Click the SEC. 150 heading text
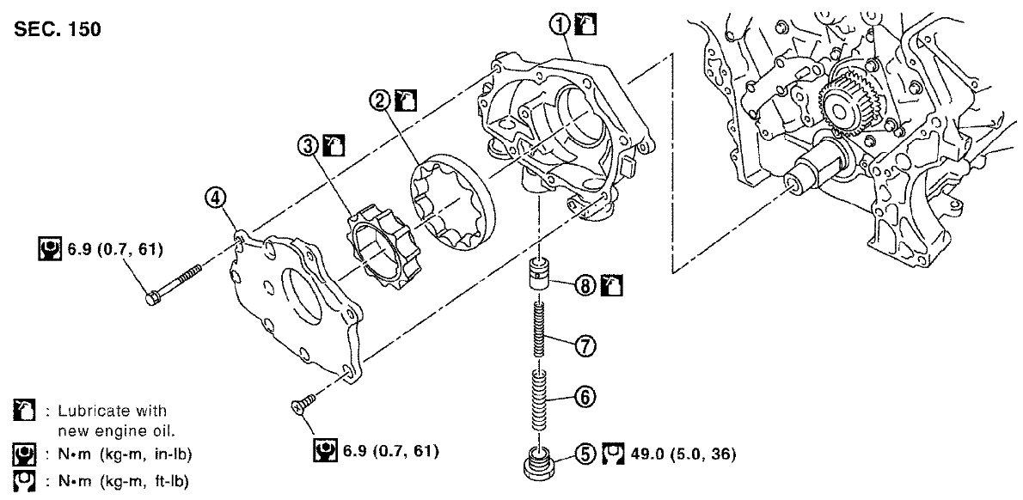pos(58,30)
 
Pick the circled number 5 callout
pos(584,452)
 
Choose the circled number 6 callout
pos(584,397)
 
